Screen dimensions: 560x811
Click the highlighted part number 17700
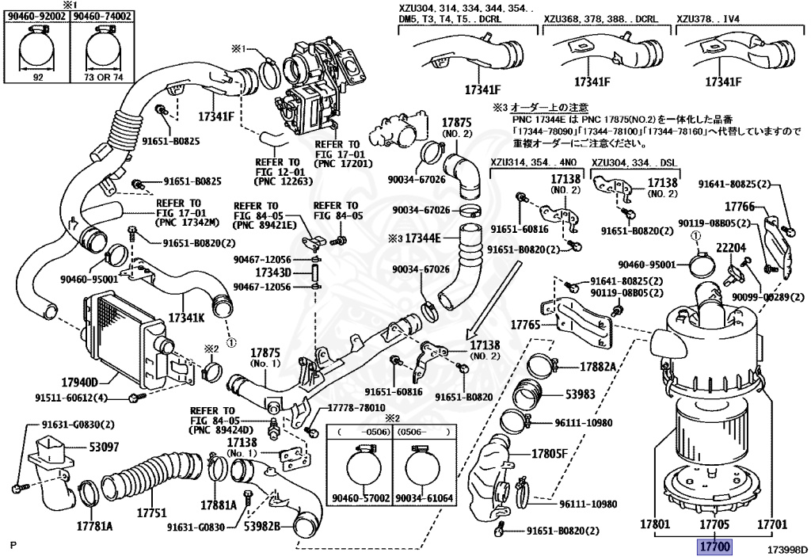coord(713,547)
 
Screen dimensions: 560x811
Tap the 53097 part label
coord(103,448)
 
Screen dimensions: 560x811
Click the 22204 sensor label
coord(731,248)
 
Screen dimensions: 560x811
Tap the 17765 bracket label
coord(524,325)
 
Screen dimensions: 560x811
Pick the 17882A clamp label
coord(599,367)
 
